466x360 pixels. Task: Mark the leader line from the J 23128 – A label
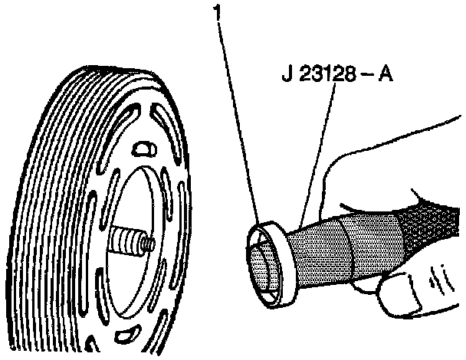315,153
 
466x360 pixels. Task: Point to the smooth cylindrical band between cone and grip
376,237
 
